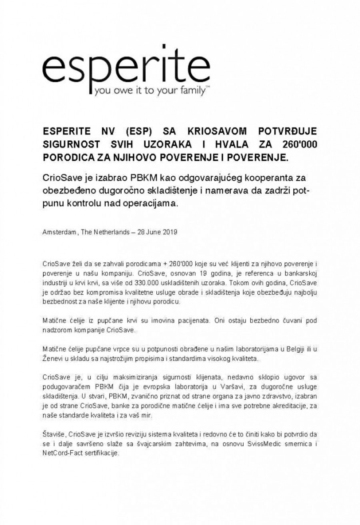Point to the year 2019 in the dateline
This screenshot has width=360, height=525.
tap(170, 232)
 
